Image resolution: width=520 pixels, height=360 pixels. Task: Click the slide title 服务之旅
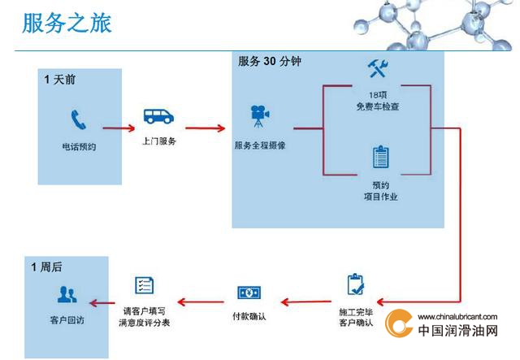pyautogui.click(x=67, y=24)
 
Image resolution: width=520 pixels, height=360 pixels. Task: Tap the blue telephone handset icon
pyautogui.click(x=79, y=119)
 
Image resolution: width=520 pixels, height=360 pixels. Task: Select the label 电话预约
pyautogui.click(x=80, y=146)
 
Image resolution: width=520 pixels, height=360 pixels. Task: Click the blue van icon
pyautogui.click(x=158, y=116)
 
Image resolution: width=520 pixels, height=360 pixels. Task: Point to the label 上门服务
pyautogui.click(x=159, y=141)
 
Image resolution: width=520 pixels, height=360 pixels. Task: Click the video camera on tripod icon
pyautogui.click(x=260, y=116)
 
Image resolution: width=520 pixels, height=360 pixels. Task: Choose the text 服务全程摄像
pyautogui.click(x=260, y=145)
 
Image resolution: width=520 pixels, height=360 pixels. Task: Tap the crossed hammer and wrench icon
pyautogui.click(x=378, y=68)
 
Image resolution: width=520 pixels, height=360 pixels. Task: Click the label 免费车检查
pyautogui.click(x=378, y=106)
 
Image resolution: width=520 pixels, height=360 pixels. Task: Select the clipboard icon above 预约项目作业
pyautogui.click(x=381, y=157)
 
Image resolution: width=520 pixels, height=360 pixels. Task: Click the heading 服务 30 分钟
pyautogui.click(x=269, y=62)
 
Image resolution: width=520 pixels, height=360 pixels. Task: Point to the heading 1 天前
pyautogui.click(x=60, y=80)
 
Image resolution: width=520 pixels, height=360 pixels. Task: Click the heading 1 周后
pyautogui.click(x=47, y=267)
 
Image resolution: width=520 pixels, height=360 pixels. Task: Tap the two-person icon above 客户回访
pyautogui.click(x=67, y=295)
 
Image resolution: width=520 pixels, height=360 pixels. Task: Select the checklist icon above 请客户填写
pyautogui.click(x=145, y=285)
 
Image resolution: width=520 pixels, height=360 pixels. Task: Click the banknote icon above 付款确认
pyautogui.click(x=249, y=293)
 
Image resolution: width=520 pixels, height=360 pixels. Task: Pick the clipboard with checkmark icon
pyautogui.click(x=356, y=284)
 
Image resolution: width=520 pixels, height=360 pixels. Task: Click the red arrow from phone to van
pyautogui.click(x=119, y=128)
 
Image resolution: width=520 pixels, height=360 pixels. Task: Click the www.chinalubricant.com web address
pyautogui.click(x=457, y=317)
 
